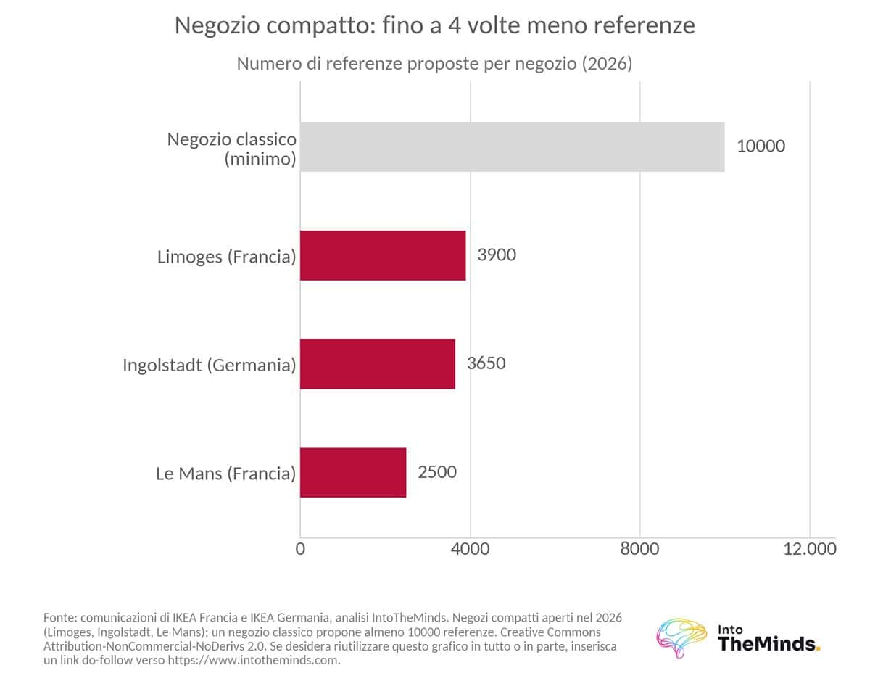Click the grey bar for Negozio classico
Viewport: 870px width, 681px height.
coord(512,146)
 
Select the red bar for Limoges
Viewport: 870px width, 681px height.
coord(383,255)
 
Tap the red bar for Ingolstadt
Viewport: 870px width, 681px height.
coord(378,364)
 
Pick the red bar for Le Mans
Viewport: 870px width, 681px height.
coord(353,472)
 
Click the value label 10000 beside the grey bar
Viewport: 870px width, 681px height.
coord(761,146)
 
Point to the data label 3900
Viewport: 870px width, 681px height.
coord(497,255)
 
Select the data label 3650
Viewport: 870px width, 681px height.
coord(486,363)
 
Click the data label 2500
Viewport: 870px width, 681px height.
coord(437,472)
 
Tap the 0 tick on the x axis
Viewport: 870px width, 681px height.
coord(300,549)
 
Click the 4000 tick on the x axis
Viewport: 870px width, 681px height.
coord(470,549)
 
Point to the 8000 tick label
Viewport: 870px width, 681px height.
coord(639,549)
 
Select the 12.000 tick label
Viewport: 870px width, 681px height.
coord(810,549)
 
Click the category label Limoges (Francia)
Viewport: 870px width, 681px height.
coord(227,257)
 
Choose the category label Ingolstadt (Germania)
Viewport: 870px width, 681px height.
coord(210,365)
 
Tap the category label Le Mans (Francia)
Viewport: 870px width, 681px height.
coord(225,474)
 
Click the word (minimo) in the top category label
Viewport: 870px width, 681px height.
coord(260,159)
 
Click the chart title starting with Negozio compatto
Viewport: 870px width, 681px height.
coord(435,25)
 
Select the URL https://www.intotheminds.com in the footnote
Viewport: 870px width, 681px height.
coord(253,660)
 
